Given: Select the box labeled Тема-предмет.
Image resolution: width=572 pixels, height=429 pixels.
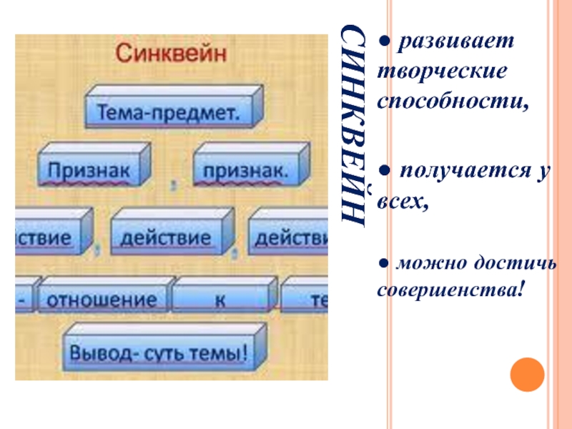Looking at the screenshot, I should click(x=168, y=113).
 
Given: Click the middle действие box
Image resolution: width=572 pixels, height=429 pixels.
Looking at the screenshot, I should click(x=165, y=237).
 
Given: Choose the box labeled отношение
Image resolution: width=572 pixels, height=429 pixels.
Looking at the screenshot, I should click(x=101, y=300).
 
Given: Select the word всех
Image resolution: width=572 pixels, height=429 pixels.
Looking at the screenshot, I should click(x=403, y=203).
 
